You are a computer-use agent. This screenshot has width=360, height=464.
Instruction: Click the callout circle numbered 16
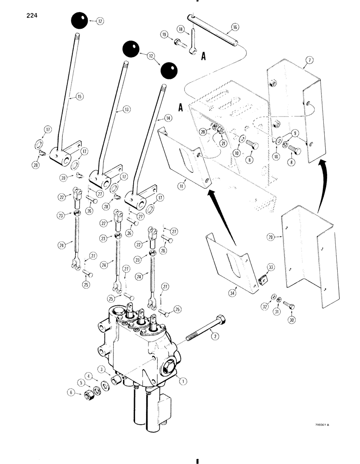235,28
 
